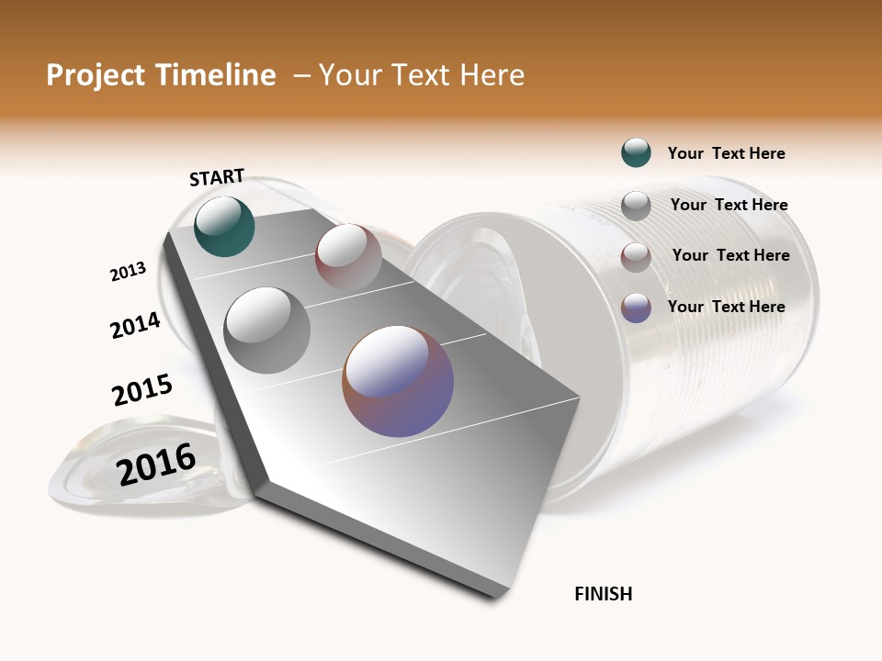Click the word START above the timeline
click(x=217, y=177)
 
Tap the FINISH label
click(x=603, y=594)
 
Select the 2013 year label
click(x=128, y=272)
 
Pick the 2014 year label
click(x=135, y=325)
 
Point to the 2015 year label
click(x=142, y=390)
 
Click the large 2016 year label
click(x=156, y=464)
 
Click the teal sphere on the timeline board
click(x=224, y=226)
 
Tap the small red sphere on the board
click(x=348, y=256)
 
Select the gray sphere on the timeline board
click(x=266, y=330)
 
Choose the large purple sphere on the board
click(x=398, y=381)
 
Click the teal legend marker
click(x=636, y=152)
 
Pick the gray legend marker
click(x=636, y=206)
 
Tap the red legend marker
click(x=636, y=257)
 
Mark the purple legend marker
click(x=636, y=308)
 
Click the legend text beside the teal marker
click(x=726, y=153)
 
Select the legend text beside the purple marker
click(x=726, y=307)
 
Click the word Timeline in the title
click(x=215, y=75)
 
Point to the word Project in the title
click(x=96, y=75)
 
